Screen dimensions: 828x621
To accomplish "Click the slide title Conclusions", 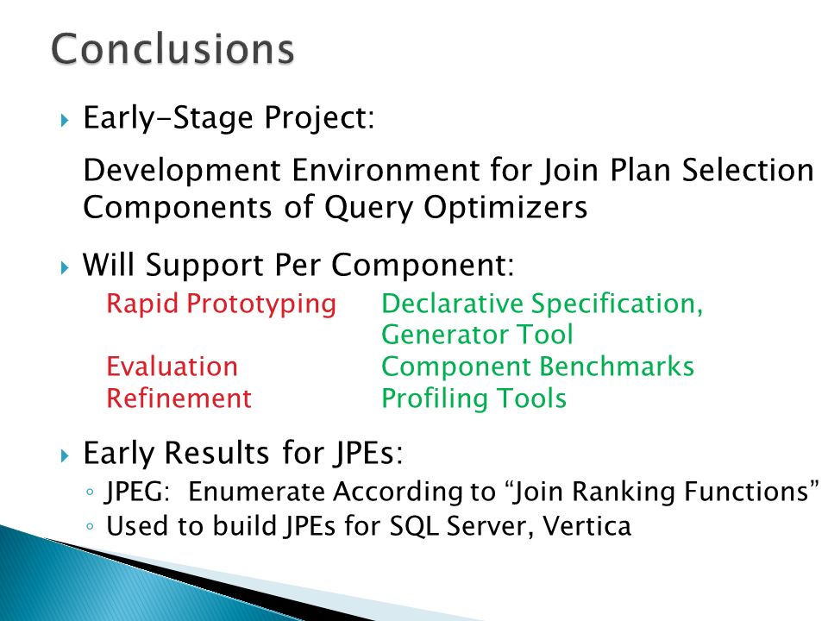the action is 172,48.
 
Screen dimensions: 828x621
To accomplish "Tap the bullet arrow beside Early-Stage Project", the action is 65,121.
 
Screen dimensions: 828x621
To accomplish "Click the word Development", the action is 182,171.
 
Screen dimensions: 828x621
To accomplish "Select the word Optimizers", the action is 506,208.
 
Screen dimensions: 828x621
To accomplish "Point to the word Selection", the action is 747,170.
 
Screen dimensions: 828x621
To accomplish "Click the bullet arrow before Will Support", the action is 65,267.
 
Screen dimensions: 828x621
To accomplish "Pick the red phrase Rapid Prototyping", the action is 222,304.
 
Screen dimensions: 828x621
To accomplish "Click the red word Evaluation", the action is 172,367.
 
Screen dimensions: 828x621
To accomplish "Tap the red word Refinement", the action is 179,398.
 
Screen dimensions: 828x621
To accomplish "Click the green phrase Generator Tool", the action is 477,335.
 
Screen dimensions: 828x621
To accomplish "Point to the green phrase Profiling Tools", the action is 474,399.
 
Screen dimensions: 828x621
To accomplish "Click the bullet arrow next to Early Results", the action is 65,455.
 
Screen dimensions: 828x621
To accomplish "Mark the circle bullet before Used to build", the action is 90,526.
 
